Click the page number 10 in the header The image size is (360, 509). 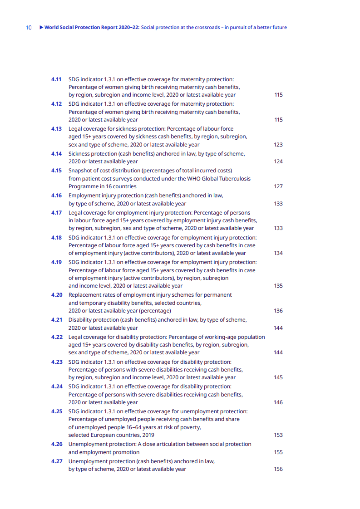[x=29, y=28]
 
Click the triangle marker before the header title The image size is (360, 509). [x=41, y=28]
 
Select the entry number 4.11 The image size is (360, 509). [x=56, y=79]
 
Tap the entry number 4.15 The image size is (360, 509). [x=56, y=171]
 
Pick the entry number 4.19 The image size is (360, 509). [x=56, y=262]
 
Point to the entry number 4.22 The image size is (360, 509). [x=56, y=337]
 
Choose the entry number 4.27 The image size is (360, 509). [x=56, y=461]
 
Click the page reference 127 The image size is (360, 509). [x=278, y=186]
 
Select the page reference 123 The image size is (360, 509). [x=278, y=145]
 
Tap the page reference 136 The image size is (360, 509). [x=278, y=311]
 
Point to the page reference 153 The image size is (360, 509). [x=278, y=435]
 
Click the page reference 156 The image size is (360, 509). [x=278, y=469]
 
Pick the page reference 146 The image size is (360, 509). [x=278, y=402]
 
